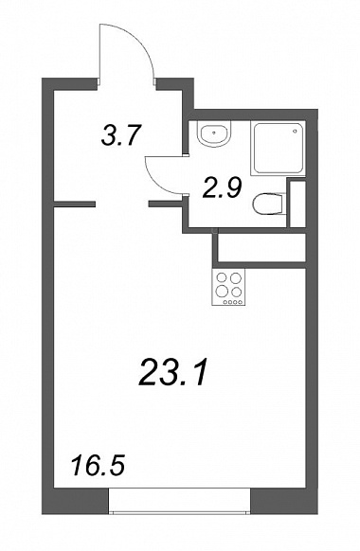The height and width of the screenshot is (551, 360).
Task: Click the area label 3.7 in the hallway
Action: click(120, 136)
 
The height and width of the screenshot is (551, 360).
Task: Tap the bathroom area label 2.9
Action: click(223, 188)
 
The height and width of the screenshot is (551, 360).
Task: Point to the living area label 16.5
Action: click(99, 464)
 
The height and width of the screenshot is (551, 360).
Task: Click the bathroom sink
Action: click(214, 133)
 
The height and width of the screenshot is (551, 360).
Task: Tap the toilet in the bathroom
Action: click(268, 204)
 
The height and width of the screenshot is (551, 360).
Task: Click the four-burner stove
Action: click(228, 287)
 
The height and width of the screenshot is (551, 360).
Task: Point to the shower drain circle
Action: click(295, 131)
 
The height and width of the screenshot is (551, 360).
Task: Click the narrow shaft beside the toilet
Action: click(297, 203)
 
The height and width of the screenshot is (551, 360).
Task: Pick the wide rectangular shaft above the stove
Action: click(260, 247)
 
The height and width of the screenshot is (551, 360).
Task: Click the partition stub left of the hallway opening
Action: click(74, 204)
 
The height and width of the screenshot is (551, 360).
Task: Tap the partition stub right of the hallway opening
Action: click(167, 204)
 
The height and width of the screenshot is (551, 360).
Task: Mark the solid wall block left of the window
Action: click(75, 501)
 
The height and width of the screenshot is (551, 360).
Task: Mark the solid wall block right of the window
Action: click(284, 501)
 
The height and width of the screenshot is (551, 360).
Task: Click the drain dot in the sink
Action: click(214, 133)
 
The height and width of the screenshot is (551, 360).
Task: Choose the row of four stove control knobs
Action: click(233, 302)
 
